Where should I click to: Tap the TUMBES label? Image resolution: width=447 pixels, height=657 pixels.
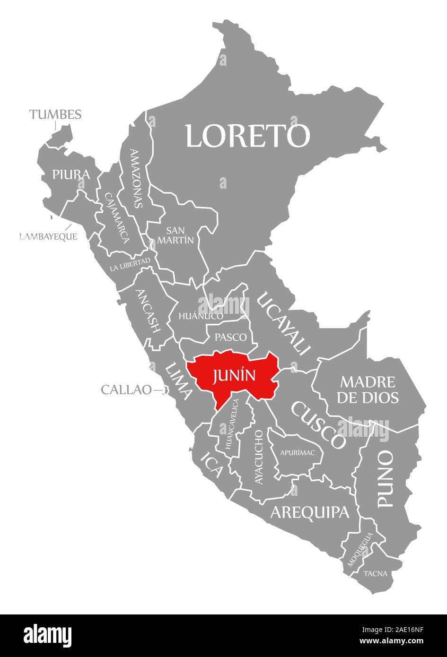[55, 114]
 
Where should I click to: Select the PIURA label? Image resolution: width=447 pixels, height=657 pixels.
[71, 174]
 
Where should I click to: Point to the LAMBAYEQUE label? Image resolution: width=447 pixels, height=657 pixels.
[48, 236]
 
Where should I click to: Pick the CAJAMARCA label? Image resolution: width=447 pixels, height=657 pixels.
[117, 217]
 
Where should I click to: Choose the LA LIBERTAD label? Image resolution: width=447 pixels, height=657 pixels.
[130, 264]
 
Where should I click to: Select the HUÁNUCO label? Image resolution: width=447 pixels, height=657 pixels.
[201, 316]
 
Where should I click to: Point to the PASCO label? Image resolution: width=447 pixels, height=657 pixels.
[230, 337]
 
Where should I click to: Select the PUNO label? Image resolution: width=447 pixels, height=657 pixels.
[386, 478]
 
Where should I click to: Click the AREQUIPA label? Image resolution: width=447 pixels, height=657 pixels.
[309, 512]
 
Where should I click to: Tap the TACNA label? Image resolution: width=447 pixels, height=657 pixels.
[376, 573]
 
